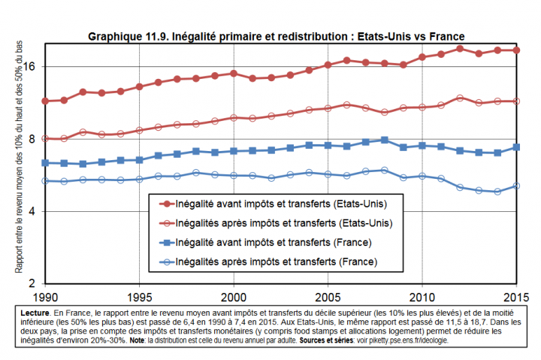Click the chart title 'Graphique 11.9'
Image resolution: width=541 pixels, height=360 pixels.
(277, 36)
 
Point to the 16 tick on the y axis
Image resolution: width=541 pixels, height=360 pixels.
(32, 67)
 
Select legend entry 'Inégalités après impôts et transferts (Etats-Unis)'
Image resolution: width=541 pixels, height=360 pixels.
(283, 222)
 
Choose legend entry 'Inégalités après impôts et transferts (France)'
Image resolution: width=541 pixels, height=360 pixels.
(275, 262)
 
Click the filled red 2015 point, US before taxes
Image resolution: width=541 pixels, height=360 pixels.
(516, 50)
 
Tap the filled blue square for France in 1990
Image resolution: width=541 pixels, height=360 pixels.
(45, 162)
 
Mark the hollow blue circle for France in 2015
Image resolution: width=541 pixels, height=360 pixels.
(516, 186)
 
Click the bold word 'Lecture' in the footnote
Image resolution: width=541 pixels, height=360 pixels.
(35, 310)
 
